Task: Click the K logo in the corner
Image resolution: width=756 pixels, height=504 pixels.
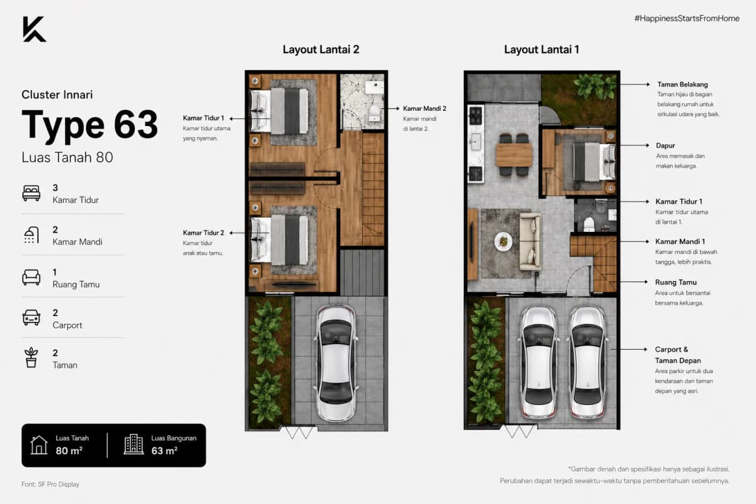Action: click(34, 29)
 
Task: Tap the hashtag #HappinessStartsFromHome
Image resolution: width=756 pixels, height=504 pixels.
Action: click(687, 18)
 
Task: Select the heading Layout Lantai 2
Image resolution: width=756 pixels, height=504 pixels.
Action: click(321, 50)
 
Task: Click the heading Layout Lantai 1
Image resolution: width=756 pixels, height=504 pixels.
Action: click(542, 50)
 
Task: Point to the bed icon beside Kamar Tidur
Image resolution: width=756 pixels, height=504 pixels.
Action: click(31, 193)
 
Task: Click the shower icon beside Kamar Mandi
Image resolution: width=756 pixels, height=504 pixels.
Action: click(31, 235)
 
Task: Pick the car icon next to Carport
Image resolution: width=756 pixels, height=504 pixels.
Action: click(31, 318)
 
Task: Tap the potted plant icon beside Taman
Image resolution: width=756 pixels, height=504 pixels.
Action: click(31, 357)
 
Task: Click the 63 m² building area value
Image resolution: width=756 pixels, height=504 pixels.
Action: click(164, 450)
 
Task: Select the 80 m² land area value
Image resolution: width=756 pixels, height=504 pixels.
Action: click(69, 450)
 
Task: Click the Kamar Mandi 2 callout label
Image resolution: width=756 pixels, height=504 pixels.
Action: click(425, 109)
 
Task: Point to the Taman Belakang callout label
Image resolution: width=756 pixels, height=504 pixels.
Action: click(682, 84)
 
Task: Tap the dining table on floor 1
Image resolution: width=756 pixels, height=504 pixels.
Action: click(513, 155)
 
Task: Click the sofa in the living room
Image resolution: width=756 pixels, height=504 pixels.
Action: click(530, 241)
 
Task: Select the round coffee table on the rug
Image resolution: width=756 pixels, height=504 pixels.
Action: click(503, 241)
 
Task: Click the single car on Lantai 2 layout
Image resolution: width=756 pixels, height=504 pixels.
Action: click(336, 364)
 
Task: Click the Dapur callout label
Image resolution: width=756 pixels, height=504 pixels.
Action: click(665, 146)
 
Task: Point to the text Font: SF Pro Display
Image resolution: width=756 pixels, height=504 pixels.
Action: click(50, 484)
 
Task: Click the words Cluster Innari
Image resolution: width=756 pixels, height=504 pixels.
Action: click(57, 94)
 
